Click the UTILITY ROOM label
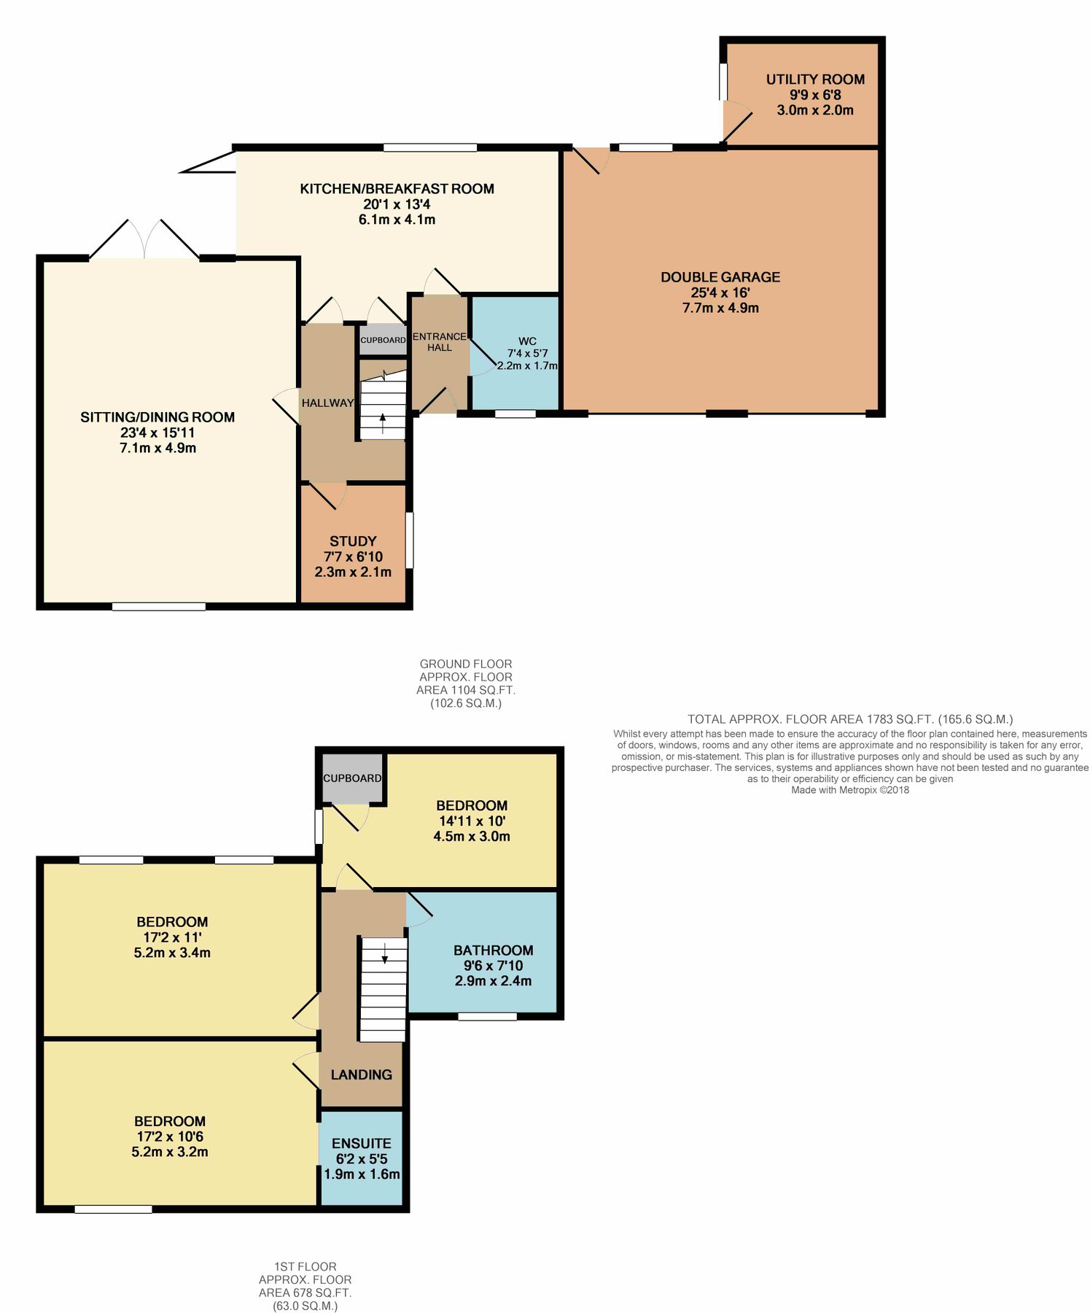[814, 80]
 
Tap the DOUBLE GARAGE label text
[720, 277]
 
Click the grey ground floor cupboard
[383, 340]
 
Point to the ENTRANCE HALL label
[439, 341]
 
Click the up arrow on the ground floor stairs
[383, 422]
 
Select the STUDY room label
[353, 541]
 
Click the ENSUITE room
[362, 1158]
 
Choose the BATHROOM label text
[494, 950]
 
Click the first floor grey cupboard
[352, 778]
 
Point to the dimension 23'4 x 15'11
[157, 433]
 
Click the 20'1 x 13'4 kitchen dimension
[397, 204]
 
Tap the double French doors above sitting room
[144, 239]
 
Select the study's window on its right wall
[409, 540]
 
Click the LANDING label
[361, 1074]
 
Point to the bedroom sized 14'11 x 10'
[472, 821]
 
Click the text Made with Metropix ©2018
[850, 789]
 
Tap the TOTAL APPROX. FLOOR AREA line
[850, 719]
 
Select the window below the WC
[515, 414]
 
